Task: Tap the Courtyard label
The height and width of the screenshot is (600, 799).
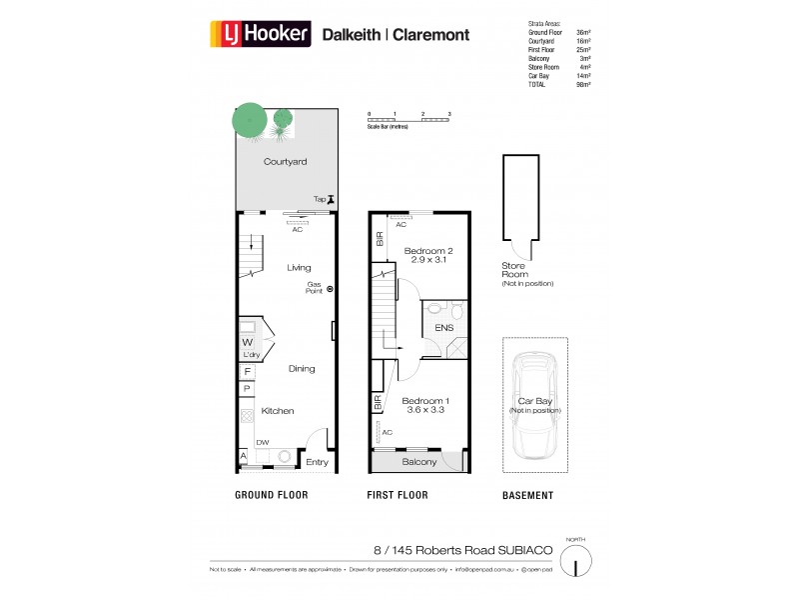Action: pyautogui.click(x=285, y=161)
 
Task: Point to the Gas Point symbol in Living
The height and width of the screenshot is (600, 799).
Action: pyautogui.click(x=331, y=289)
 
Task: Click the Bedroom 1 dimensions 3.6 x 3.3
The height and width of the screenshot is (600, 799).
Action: pyautogui.click(x=422, y=409)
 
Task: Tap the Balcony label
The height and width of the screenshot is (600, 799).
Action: pyautogui.click(x=420, y=462)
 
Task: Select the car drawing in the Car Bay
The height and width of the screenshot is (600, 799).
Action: pyautogui.click(x=533, y=405)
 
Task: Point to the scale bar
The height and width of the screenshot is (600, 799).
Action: pyautogui.click(x=409, y=119)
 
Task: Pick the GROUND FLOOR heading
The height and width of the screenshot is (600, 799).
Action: pyautogui.click(x=271, y=495)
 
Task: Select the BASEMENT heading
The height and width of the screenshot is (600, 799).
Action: pyautogui.click(x=527, y=495)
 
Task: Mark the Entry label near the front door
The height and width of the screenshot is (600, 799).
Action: pyautogui.click(x=317, y=462)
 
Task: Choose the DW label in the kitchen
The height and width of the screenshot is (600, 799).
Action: pyautogui.click(x=262, y=443)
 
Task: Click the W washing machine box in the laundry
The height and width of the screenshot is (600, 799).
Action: pyautogui.click(x=246, y=341)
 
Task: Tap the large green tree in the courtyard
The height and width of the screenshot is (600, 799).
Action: pyautogui.click(x=249, y=121)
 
